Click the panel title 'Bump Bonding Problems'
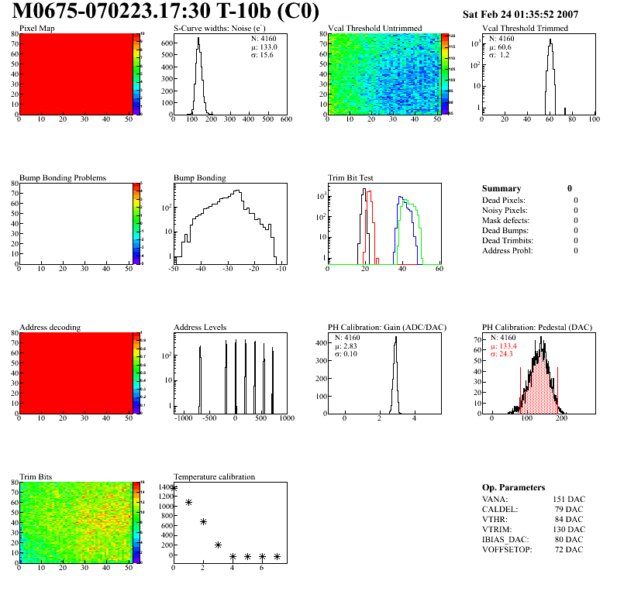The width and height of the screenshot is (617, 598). [63, 177]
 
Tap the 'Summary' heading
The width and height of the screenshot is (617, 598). [502, 188]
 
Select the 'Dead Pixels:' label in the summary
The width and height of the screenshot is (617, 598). [505, 200]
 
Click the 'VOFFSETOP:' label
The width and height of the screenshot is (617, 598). [508, 549]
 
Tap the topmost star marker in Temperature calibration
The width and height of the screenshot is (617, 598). [174, 488]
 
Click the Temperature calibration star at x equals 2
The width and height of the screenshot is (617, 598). [203, 522]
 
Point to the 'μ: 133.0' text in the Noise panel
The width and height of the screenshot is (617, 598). [265, 46]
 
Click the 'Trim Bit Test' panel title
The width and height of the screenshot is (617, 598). [351, 177]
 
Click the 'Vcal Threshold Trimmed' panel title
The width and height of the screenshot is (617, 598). [525, 28]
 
